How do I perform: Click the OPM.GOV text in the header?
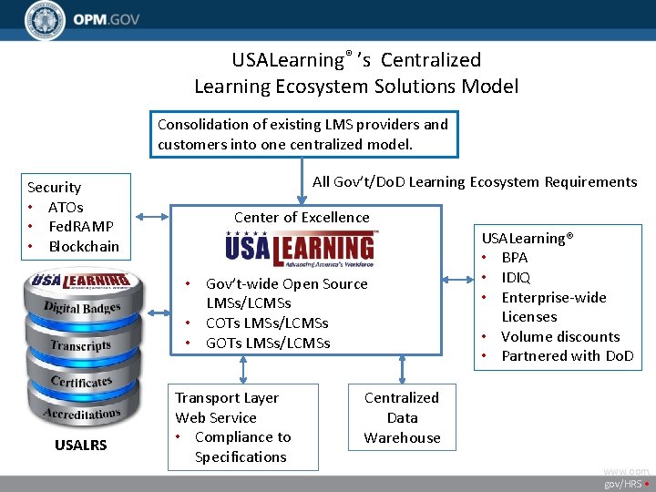tap(108, 20)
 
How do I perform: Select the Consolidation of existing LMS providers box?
tap(303, 134)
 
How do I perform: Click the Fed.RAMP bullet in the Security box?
tap(80, 226)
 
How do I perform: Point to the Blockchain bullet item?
tap(83, 246)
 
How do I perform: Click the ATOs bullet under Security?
tap(66, 207)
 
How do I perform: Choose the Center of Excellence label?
tap(302, 217)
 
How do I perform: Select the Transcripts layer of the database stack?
tap(81, 345)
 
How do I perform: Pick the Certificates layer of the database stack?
tap(81, 381)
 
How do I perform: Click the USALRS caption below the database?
tap(80, 445)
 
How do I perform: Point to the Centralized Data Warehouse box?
tap(402, 417)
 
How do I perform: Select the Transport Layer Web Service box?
tap(243, 426)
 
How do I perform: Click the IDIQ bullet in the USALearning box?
tap(516, 277)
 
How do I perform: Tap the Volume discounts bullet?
tap(559, 336)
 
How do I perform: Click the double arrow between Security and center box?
tap(153, 217)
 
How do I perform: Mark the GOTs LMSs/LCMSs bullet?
tap(267, 343)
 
